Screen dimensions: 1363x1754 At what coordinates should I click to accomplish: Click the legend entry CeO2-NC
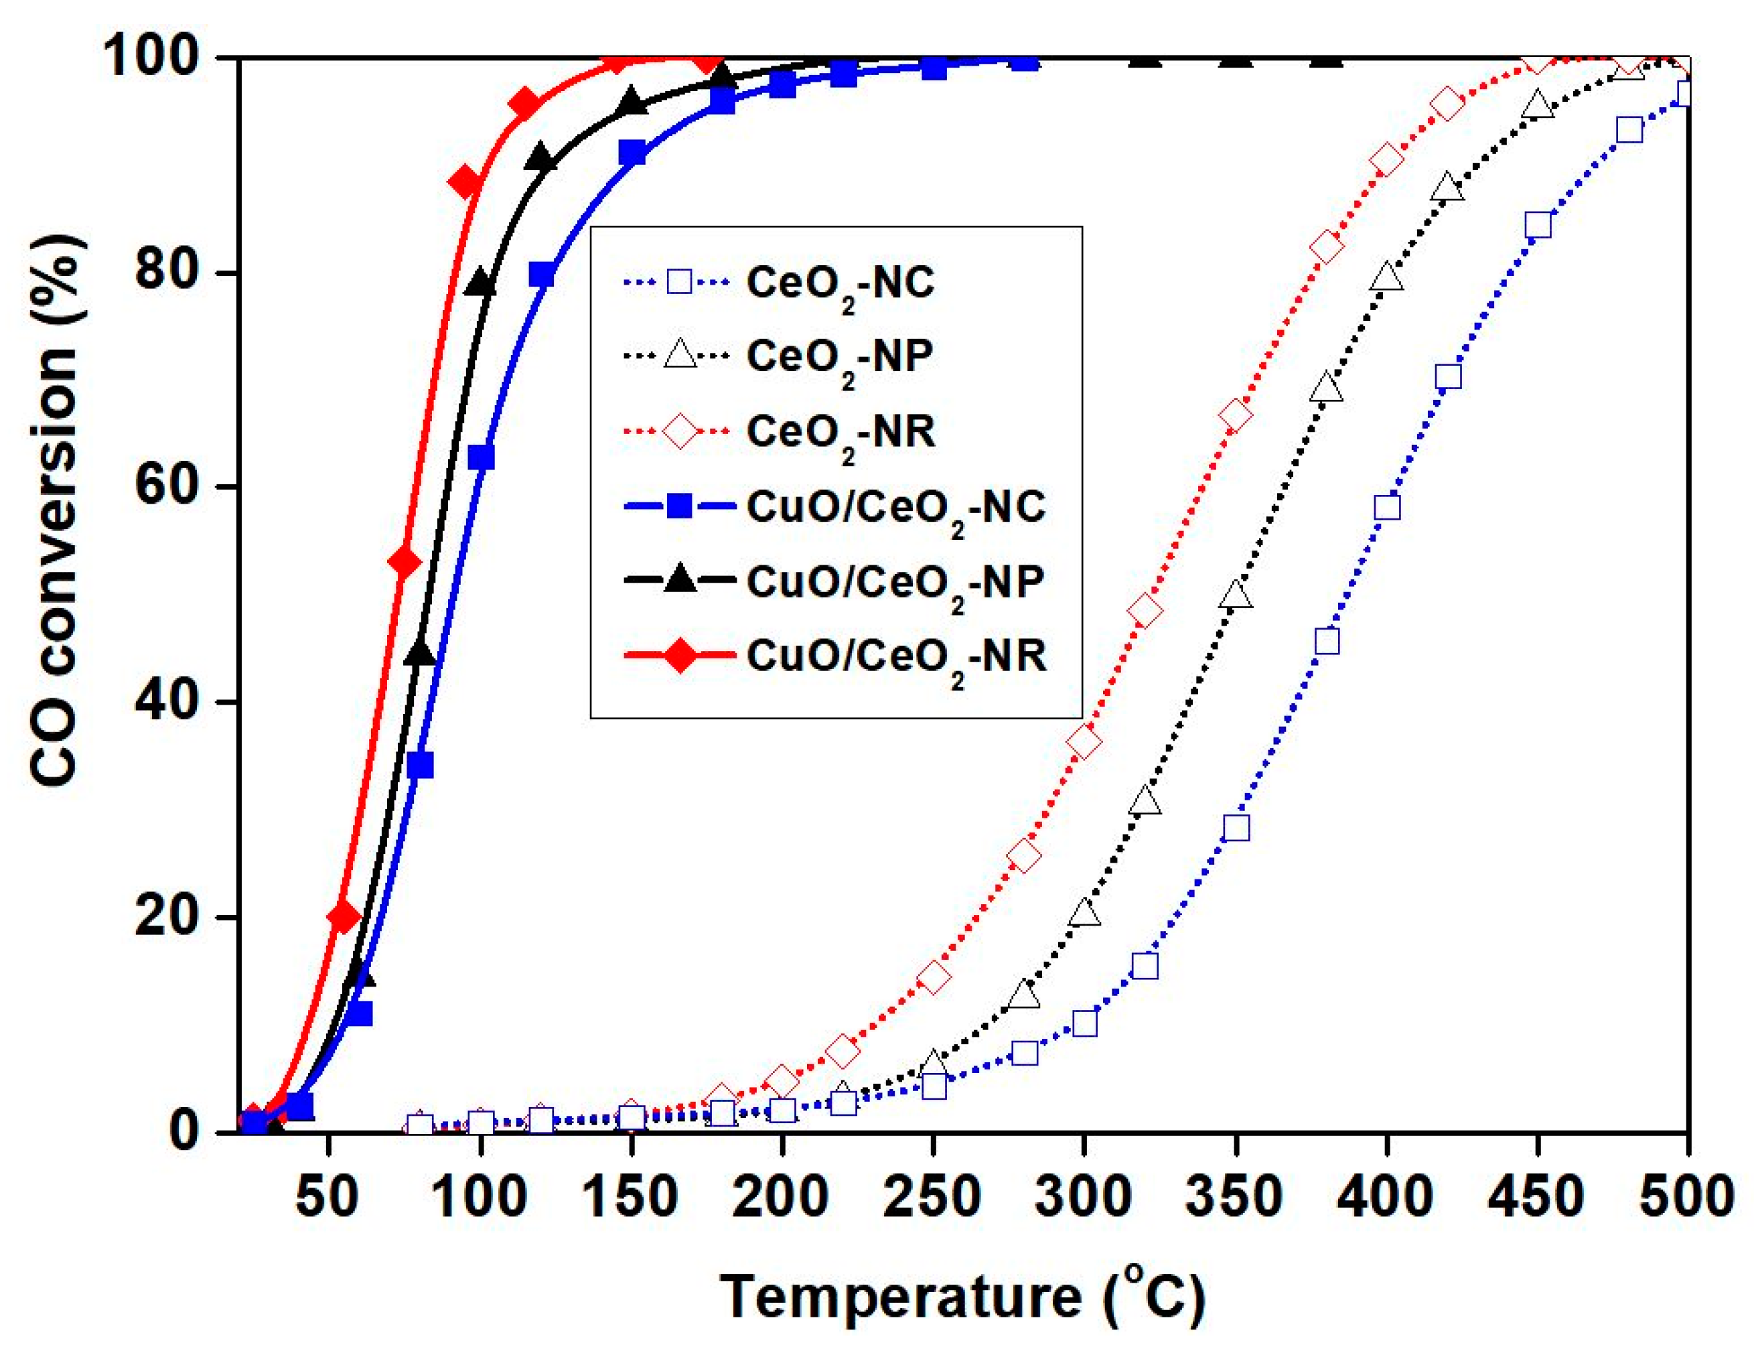pos(840,283)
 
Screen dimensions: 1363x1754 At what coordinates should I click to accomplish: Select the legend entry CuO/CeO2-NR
pos(896,657)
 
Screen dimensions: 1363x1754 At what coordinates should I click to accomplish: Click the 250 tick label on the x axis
pos(932,1198)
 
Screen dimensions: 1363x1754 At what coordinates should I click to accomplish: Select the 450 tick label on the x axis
pos(1536,1198)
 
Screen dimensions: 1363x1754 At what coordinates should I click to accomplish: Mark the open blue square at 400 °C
pos(1387,508)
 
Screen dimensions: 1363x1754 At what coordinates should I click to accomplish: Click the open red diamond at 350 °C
pos(1235,415)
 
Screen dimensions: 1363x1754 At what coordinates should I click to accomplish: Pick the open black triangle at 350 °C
pos(1235,595)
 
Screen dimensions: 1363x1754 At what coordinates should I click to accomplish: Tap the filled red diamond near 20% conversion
pos(343,916)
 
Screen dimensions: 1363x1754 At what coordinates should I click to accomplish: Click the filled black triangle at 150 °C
pos(632,101)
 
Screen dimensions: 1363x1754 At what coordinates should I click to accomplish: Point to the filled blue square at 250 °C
pos(933,68)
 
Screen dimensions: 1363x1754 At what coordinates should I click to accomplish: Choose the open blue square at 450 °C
pos(1537,226)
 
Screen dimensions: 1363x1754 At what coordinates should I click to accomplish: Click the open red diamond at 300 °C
pos(1084,741)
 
